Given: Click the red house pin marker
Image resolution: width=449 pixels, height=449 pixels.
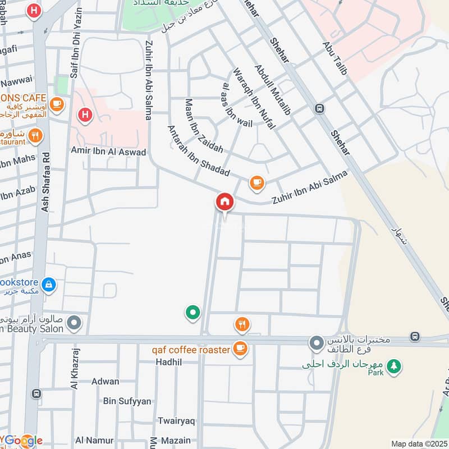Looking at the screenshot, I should (x=224, y=201).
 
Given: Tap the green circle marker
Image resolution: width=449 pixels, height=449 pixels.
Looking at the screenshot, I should (x=193, y=313).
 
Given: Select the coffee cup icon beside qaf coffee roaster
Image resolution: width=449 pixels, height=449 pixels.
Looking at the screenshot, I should (x=240, y=349).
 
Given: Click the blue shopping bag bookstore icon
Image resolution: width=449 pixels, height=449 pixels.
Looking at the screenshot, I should (x=49, y=285).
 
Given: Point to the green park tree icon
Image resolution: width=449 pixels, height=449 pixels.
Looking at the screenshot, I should (x=395, y=366).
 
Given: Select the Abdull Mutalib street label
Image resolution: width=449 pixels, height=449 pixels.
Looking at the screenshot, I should (x=273, y=90).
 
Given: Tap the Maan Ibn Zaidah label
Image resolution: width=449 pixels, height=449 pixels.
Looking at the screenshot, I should (x=204, y=126).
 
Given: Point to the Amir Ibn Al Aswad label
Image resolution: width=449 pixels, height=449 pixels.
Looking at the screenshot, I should (x=108, y=152).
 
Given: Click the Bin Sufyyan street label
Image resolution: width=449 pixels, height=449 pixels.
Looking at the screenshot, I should (x=127, y=401).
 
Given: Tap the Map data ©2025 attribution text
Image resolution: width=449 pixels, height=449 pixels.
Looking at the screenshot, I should (x=418, y=443).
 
